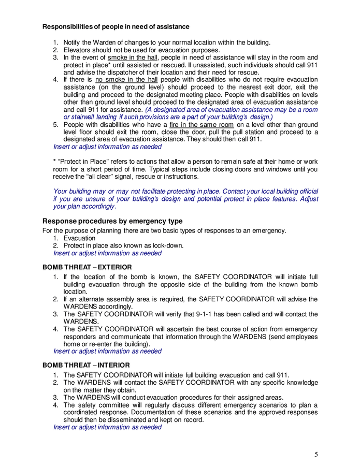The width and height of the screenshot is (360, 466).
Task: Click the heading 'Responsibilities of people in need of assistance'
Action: [x=116, y=26]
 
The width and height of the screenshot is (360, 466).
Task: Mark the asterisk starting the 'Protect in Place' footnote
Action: [x=55, y=162]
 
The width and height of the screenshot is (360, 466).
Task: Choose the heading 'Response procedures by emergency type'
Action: [x=112, y=221]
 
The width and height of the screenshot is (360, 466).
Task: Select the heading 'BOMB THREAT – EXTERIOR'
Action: [x=86, y=268]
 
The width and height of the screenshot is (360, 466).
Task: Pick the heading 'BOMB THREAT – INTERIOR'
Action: [x=85, y=365]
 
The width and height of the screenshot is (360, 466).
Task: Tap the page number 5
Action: [x=316, y=455]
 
